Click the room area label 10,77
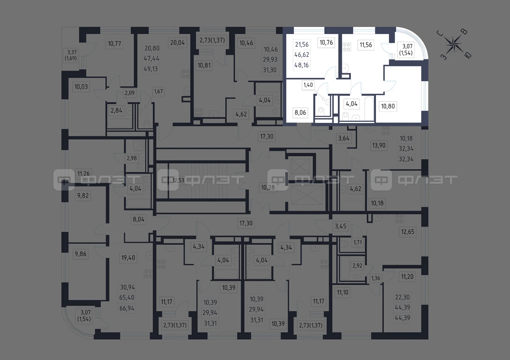click(114, 43)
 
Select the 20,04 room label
click(177, 43)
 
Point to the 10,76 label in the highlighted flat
click(326, 43)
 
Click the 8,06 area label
click(300, 112)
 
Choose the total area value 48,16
click(302, 65)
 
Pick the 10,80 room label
click(388, 106)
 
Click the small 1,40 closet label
click(308, 85)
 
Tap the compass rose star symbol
click(454, 44)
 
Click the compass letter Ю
click(468, 55)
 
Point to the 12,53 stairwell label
click(178, 180)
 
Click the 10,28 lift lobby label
click(268, 188)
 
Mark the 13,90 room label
click(379, 145)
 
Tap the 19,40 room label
click(128, 258)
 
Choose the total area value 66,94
click(127, 308)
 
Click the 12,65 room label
click(408, 232)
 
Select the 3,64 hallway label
click(343, 138)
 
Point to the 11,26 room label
click(83, 174)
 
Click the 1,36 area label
click(376, 278)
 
